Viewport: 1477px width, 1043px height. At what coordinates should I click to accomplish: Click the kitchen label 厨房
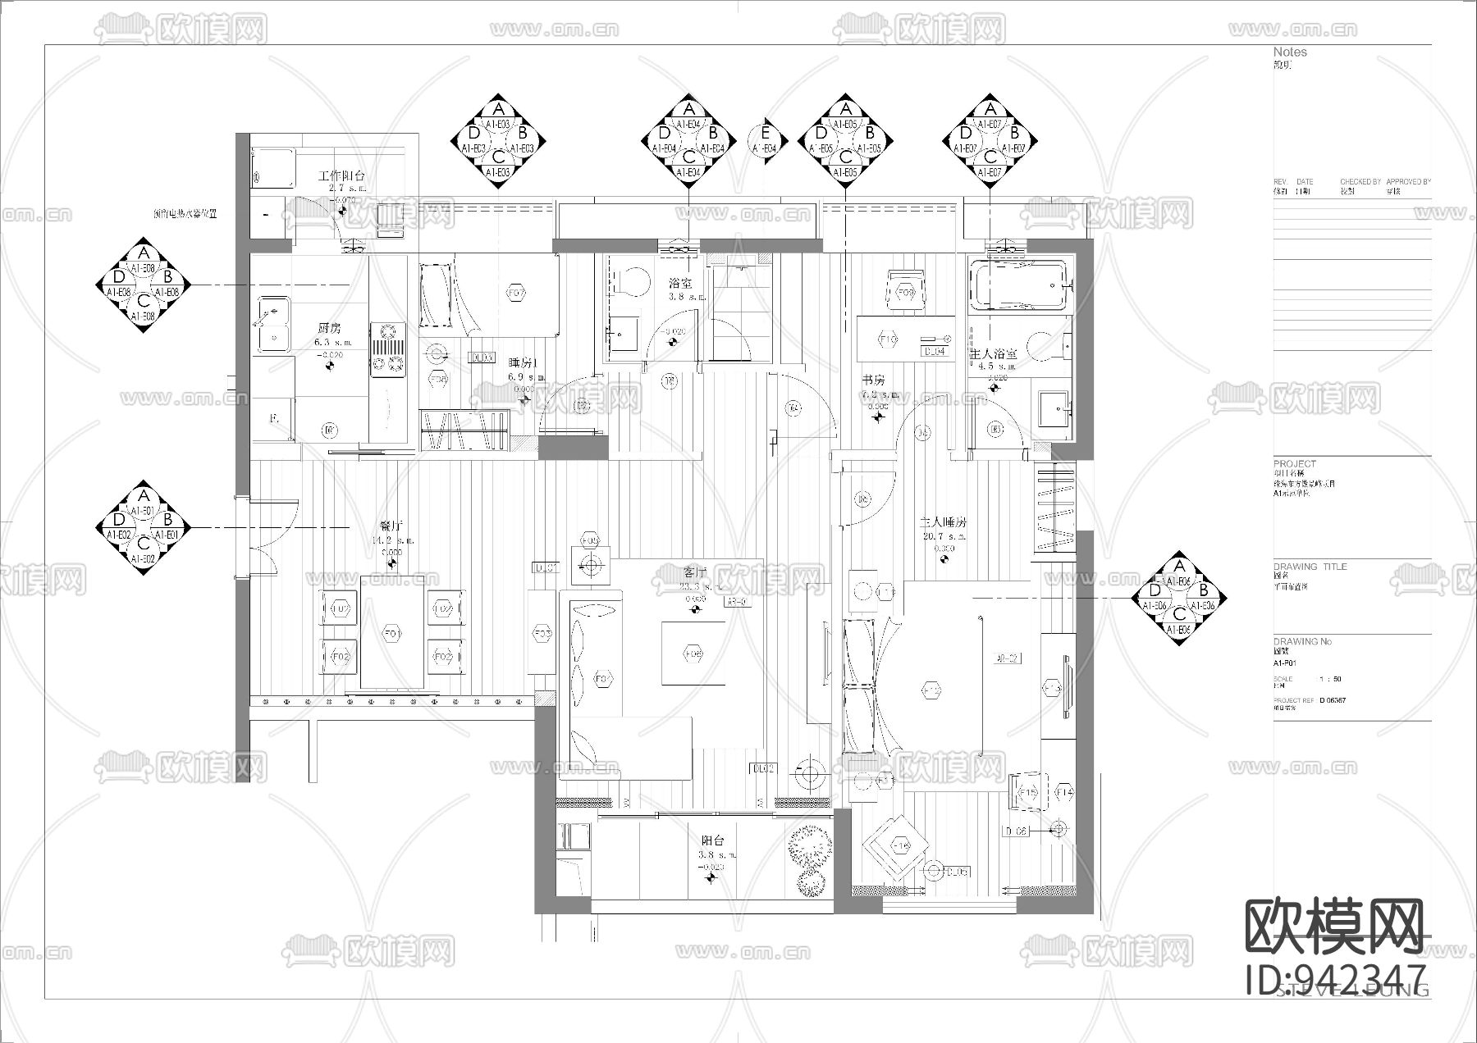coord(330,329)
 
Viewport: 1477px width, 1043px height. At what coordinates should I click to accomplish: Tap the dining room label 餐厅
coord(391,526)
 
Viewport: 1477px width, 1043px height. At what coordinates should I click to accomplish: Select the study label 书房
coord(873,380)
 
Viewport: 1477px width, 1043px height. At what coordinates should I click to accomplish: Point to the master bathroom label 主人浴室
coord(994,353)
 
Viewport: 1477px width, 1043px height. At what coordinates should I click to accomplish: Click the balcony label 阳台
coord(711,841)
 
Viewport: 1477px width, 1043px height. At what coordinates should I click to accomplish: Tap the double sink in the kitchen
coord(272,324)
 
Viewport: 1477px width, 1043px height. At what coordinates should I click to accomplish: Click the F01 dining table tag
coord(391,634)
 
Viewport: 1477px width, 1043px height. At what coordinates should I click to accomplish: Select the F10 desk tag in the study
coord(887,339)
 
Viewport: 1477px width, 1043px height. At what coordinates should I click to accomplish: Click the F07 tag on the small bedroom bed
coord(515,293)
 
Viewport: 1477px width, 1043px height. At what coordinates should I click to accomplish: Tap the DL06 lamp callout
coord(1016,831)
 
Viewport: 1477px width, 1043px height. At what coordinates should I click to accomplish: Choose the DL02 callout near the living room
coord(763,768)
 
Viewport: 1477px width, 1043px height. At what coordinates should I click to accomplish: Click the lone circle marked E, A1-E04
coord(765,139)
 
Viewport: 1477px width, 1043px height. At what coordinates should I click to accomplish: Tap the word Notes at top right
coord(1290,52)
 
